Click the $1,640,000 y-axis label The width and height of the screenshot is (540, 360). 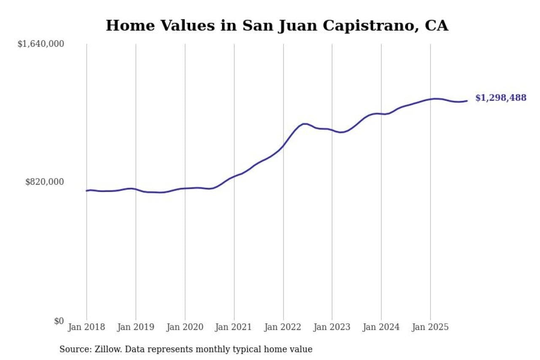click(40, 44)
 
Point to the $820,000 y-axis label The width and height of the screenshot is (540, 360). click(45, 182)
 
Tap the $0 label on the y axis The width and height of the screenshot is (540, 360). click(59, 321)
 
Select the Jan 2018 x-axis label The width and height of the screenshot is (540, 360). click(86, 327)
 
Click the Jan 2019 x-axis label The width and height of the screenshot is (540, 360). click(136, 327)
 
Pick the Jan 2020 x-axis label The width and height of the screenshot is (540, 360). click(185, 327)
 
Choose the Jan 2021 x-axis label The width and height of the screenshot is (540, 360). click(234, 327)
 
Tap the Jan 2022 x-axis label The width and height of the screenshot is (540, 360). click(283, 327)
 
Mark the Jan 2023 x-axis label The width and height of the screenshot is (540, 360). click(332, 327)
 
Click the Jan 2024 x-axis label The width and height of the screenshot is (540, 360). click(381, 327)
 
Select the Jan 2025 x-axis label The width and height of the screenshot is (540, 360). click(430, 327)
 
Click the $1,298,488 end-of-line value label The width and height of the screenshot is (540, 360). click(501, 98)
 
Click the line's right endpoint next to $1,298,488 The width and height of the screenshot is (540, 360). click(467, 101)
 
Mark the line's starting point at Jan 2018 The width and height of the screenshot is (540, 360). click(86, 191)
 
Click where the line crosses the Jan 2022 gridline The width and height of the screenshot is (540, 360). click(283, 146)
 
